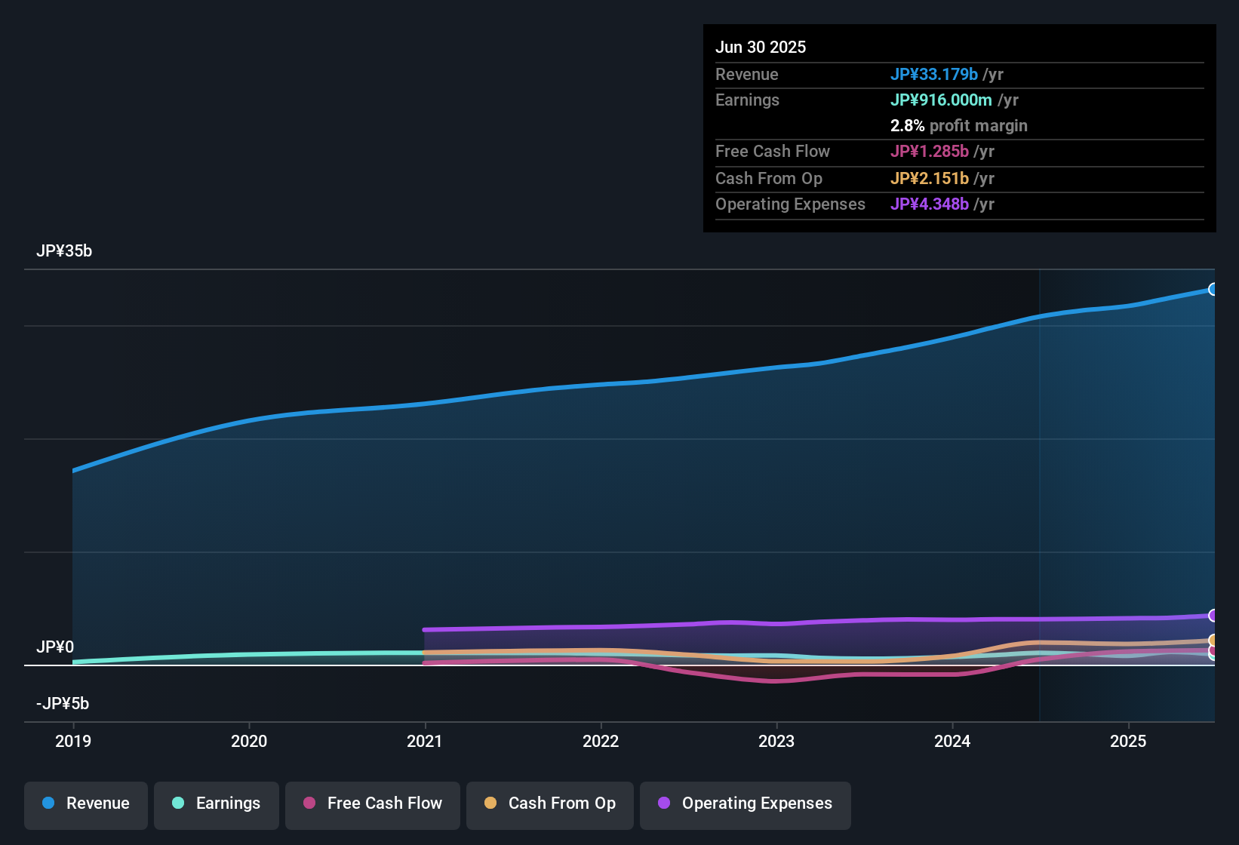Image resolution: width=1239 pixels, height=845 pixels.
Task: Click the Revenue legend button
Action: pos(86,804)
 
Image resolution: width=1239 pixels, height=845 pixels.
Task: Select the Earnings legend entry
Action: pos(217,804)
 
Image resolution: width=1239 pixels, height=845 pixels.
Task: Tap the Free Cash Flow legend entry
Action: pos(373,804)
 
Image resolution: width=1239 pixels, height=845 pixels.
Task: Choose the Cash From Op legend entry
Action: pos(550,804)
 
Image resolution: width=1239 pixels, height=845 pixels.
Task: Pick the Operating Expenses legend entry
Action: pos(746,804)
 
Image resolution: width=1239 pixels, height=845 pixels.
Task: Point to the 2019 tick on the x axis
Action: pos(73,741)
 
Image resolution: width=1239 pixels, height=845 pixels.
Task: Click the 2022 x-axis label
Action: pos(601,741)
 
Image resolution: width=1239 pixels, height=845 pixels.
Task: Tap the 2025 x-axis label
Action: pos(1128,741)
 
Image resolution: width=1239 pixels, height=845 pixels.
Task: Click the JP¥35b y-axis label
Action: pos(64,251)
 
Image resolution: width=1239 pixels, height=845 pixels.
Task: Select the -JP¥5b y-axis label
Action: pos(63,704)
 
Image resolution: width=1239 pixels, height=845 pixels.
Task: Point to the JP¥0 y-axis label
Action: pos(55,647)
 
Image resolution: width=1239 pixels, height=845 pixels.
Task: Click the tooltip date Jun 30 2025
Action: pos(761,48)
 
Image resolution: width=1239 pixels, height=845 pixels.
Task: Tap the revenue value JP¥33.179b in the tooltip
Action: pos(934,75)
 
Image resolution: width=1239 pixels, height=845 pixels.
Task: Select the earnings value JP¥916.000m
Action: pos(941,100)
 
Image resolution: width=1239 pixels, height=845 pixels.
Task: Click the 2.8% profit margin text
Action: pos(958,126)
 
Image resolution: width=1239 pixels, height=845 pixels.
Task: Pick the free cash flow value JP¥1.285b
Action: pos(930,152)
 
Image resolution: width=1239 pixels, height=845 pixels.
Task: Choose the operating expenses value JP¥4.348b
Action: pos(930,204)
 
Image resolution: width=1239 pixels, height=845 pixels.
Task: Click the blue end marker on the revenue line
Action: pos(1213,290)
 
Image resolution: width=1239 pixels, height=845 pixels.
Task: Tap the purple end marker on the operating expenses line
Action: pos(1213,616)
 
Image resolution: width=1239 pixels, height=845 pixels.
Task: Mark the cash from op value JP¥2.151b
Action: pos(930,179)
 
